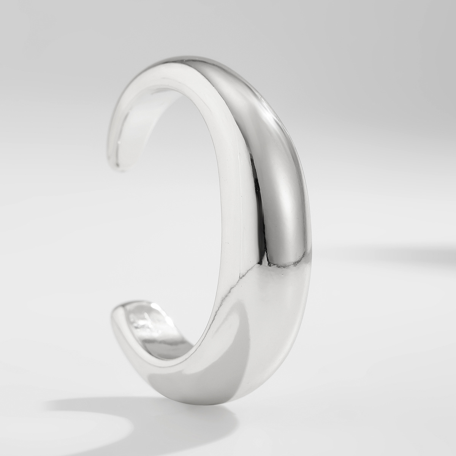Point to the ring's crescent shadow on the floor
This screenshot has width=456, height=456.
click(x=114, y=410)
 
